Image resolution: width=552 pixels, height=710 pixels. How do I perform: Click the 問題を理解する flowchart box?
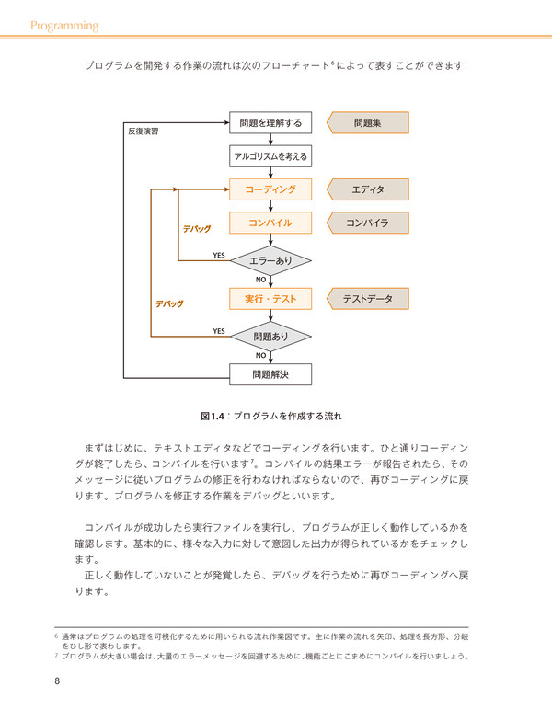[270, 122]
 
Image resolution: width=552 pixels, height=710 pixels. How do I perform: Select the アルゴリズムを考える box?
[270, 156]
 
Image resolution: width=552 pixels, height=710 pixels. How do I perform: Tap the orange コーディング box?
[270, 189]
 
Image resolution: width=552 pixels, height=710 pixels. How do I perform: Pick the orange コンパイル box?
[270, 223]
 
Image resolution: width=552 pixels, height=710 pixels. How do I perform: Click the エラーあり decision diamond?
[270, 260]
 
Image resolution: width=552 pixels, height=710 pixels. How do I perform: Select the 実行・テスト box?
[270, 299]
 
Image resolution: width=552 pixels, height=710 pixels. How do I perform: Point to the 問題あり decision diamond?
[270, 337]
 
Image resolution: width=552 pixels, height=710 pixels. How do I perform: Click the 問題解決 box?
[270, 374]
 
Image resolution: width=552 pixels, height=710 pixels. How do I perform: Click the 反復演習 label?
[144, 132]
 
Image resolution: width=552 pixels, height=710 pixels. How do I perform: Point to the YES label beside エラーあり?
[219, 255]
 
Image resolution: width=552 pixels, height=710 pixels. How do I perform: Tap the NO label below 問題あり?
[260, 355]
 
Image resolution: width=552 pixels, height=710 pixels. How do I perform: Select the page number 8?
[57, 681]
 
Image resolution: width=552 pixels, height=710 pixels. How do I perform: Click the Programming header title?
[64, 26]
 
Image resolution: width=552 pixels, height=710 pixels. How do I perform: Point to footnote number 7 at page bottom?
[56, 656]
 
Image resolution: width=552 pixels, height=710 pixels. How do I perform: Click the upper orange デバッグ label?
[197, 229]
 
